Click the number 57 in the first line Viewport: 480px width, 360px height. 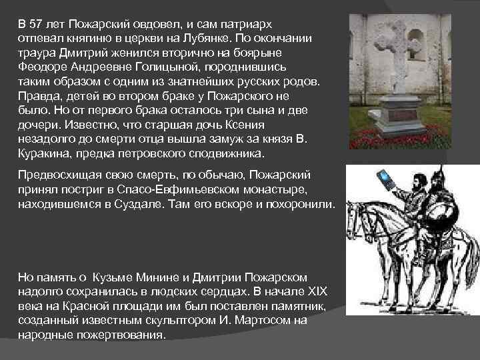pyautogui.click(x=36, y=24)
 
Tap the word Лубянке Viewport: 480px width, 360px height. pyautogui.click(x=205, y=38)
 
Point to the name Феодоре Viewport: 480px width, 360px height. pyautogui.click(x=42, y=67)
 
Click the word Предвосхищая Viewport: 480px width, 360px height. pyautogui.click(x=60, y=175)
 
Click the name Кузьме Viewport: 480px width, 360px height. pyautogui.click(x=113, y=277)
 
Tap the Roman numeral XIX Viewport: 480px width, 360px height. pyautogui.click(x=317, y=291)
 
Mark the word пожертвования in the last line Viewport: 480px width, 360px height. pyautogui.click(x=121, y=335)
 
